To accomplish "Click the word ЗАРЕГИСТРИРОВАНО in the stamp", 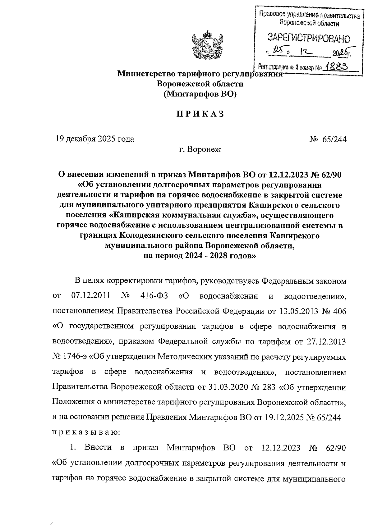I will tap(309, 39).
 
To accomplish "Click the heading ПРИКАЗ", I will tap(200, 114).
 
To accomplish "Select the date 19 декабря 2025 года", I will tap(95, 139).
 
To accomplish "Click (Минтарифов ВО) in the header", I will tap(200, 94).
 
